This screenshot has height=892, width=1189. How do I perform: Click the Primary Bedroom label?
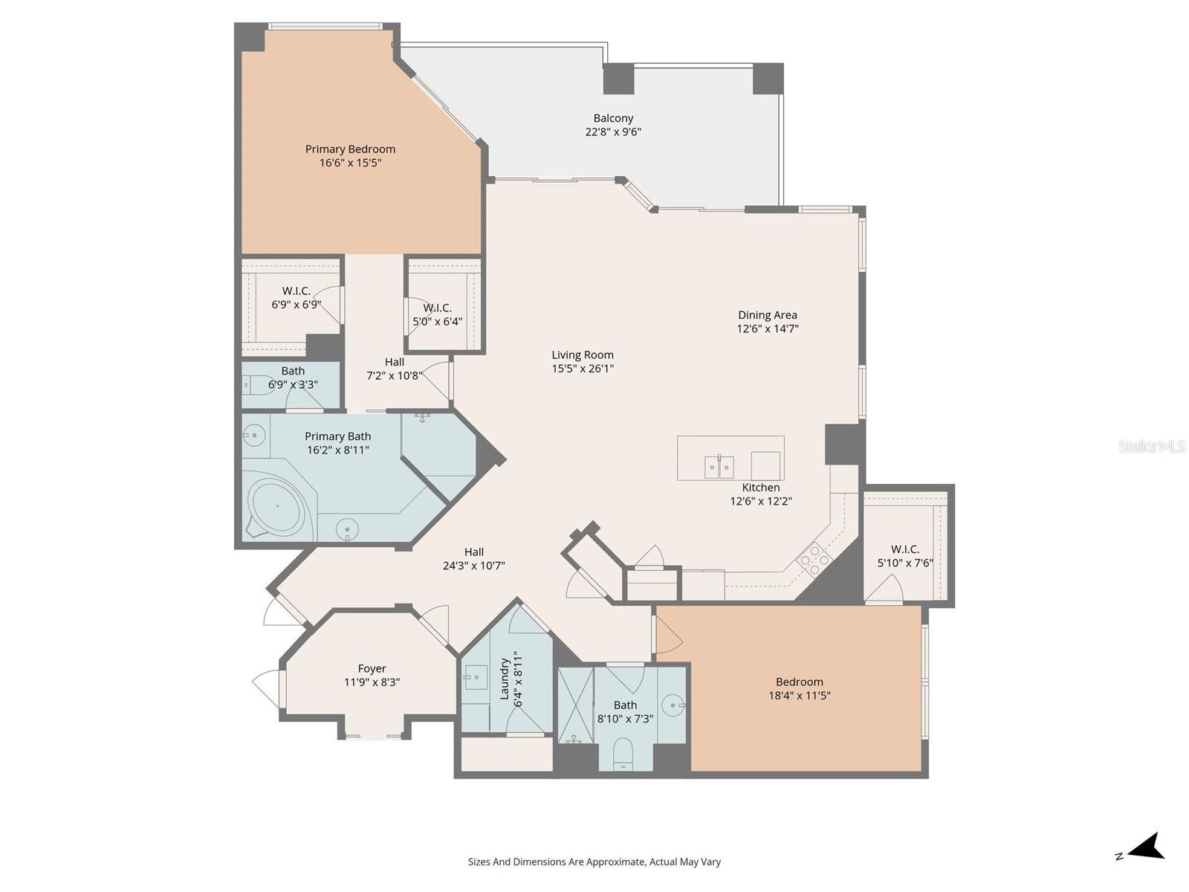tap(350, 149)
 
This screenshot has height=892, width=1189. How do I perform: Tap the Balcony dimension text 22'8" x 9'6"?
tap(612, 132)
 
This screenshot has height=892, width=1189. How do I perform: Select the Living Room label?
tap(583, 355)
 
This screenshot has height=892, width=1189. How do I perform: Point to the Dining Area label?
tap(767, 314)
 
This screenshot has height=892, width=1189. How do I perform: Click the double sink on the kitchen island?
tap(719, 467)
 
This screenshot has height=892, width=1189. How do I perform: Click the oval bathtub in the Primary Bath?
tap(277, 506)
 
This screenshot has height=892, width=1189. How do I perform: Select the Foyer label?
tap(372, 668)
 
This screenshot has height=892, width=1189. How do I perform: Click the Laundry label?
tap(505, 679)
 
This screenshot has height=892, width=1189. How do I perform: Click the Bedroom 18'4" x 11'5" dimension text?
tap(799, 696)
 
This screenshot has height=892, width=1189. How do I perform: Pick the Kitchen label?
tap(760, 488)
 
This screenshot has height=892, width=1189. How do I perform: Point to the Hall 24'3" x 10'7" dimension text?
tap(473, 566)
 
